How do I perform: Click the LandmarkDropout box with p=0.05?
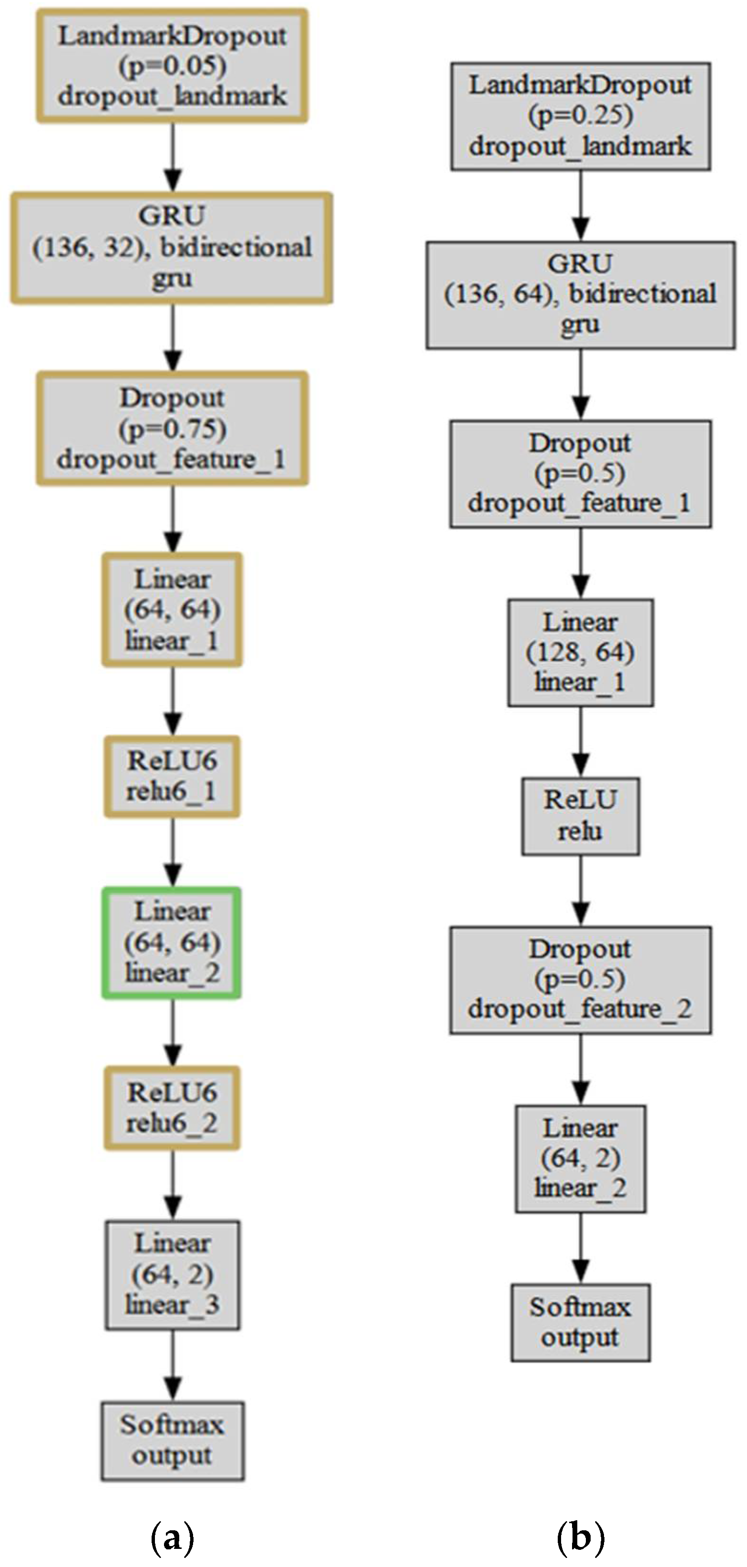coord(172,66)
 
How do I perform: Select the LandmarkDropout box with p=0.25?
coord(580,115)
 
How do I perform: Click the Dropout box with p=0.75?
coord(172,429)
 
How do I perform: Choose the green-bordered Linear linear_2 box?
coord(172,942)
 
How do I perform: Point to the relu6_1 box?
coord(172,776)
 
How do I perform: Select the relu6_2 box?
coord(172,1108)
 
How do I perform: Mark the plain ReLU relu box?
coord(580,816)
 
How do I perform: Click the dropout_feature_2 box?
coord(580,979)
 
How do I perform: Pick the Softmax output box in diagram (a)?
coord(172,1441)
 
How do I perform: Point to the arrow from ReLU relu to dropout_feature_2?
coord(581,891)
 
